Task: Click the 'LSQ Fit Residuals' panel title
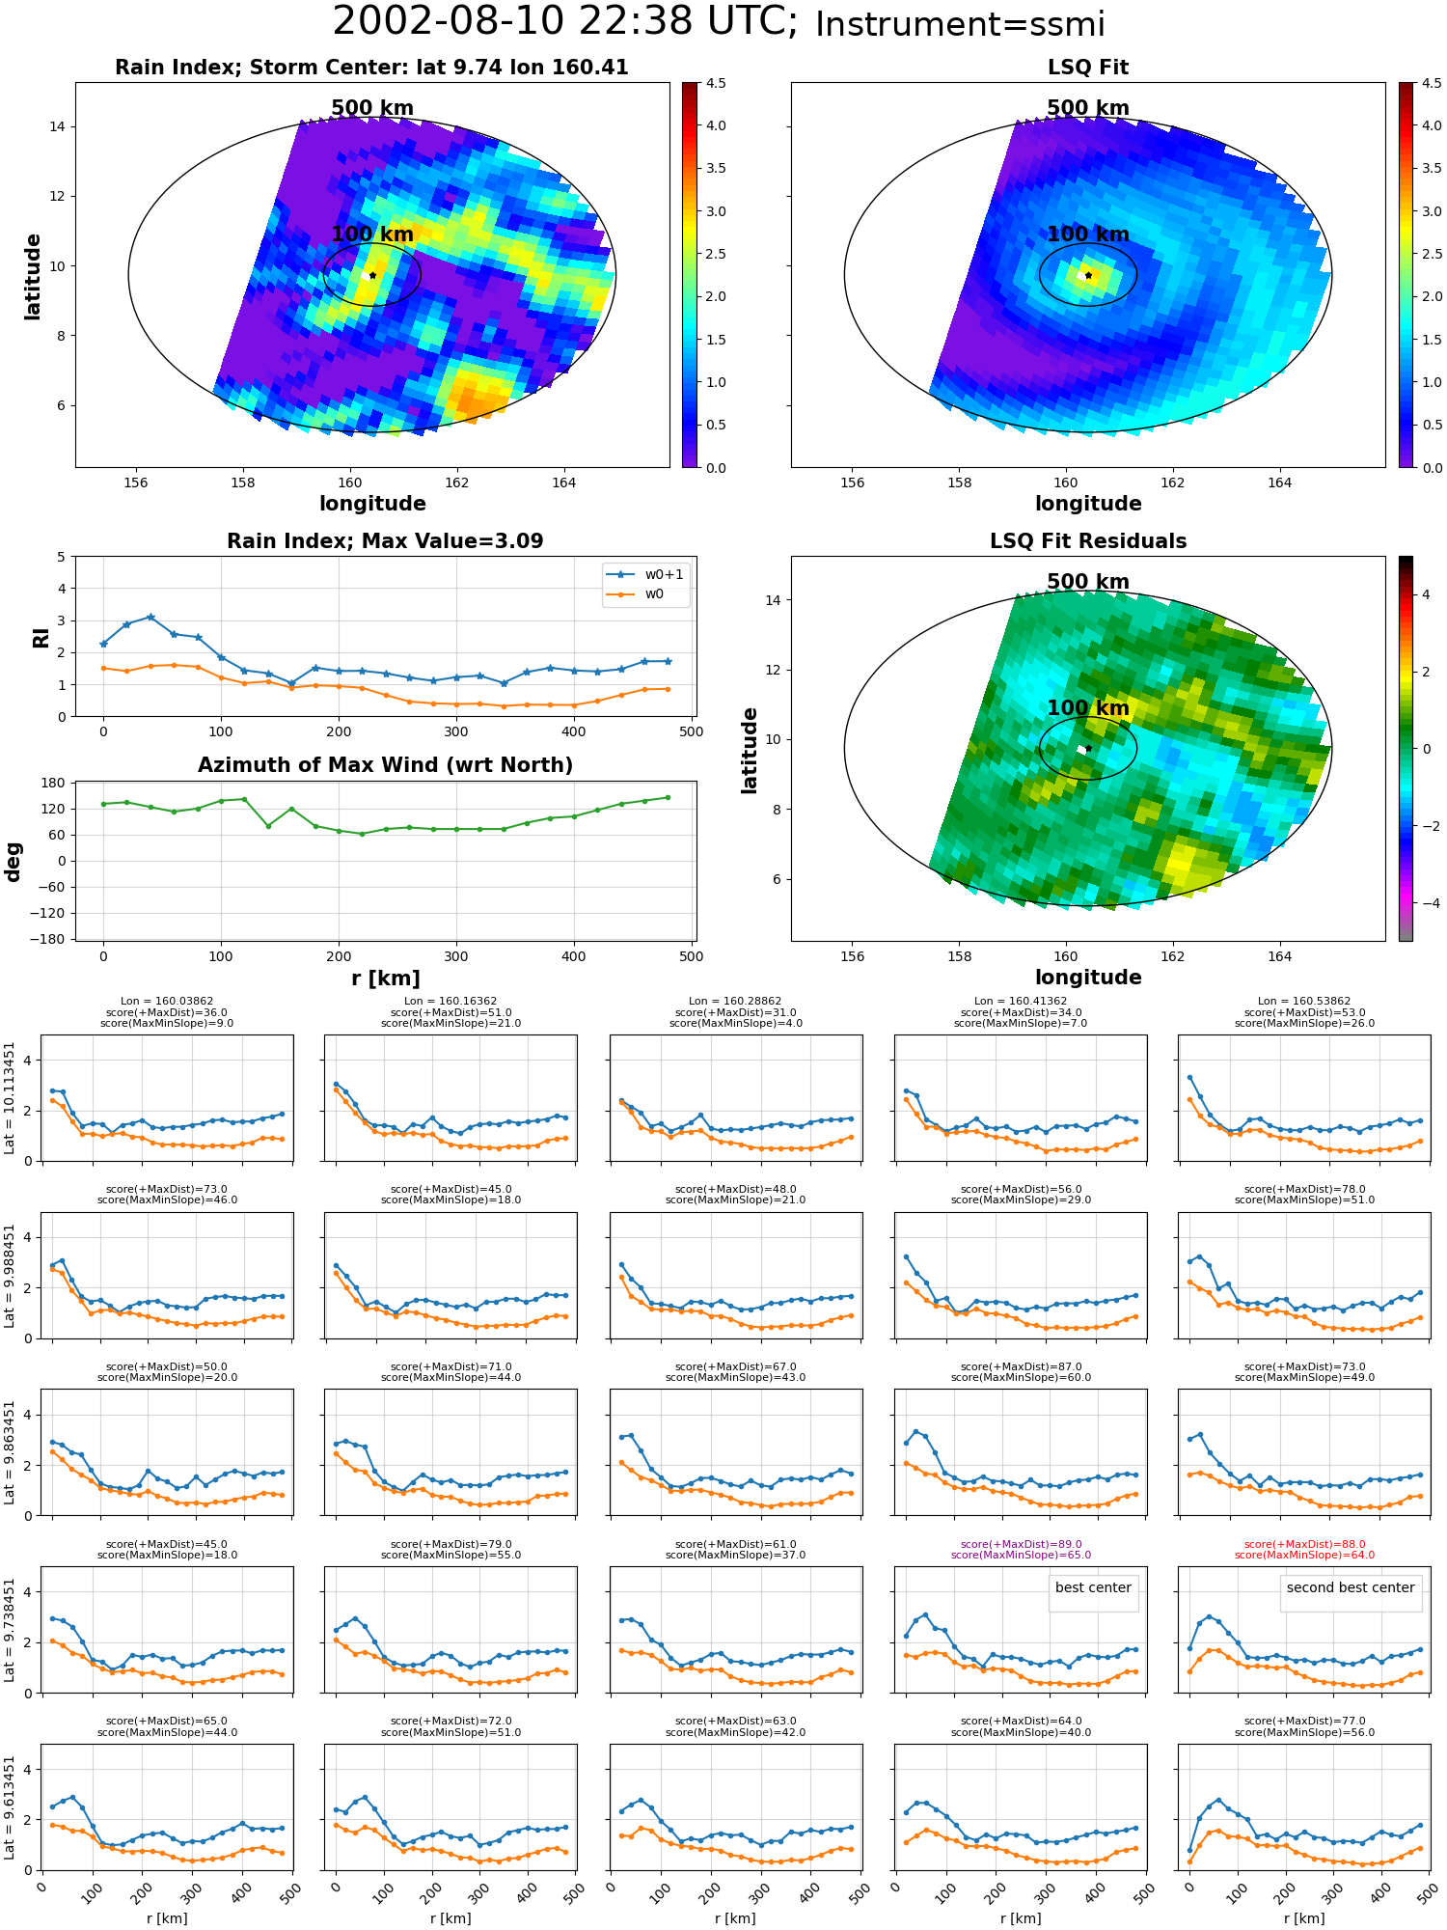tap(1088, 541)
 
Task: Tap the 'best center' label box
tap(1093, 1587)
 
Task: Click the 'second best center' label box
tap(1351, 1587)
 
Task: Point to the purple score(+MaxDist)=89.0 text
tap(1021, 1544)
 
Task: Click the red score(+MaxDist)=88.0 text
tap(1304, 1544)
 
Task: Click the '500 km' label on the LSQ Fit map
tap(1088, 108)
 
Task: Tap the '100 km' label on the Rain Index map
tap(372, 234)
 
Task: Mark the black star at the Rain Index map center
tap(372, 275)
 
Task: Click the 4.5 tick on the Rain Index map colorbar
tap(715, 83)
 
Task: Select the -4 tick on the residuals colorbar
tap(1427, 902)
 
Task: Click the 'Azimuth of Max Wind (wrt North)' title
tap(386, 765)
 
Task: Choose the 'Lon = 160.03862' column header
tap(167, 1002)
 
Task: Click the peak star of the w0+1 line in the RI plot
tap(150, 617)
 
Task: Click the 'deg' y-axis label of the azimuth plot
tap(14, 861)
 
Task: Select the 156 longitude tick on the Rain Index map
tap(136, 482)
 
